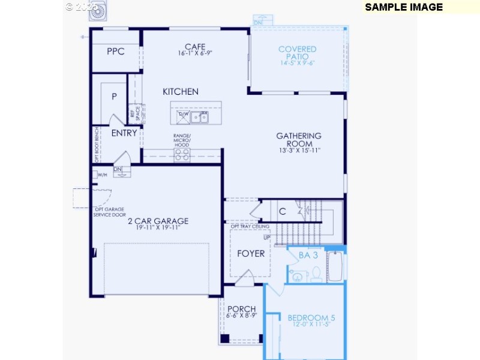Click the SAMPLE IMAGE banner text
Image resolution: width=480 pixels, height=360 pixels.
point(403,7)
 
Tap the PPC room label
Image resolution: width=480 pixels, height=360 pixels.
point(116,52)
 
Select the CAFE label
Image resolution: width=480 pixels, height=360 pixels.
point(195,47)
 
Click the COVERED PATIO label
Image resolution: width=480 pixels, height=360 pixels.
point(298,53)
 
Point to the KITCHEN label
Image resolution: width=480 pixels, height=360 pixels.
point(181,92)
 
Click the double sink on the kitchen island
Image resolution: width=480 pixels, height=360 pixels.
point(200,117)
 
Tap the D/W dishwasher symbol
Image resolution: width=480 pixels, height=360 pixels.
point(182,116)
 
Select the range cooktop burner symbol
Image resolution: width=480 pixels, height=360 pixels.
point(182,155)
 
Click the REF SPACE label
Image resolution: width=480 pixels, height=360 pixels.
point(137,113)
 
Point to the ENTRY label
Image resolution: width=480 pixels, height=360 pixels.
point(124,133)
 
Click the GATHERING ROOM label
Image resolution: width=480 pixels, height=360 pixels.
point(299,140)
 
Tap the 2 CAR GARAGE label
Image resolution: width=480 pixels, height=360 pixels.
point(158,221)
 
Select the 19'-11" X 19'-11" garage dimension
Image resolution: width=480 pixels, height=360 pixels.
point(158,228)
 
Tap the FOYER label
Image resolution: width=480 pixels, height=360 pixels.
point(251,253)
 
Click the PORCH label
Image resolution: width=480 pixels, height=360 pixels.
point(242,309)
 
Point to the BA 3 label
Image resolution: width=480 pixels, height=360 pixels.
point(308,255)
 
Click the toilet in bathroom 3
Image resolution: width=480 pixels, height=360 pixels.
point(316,275)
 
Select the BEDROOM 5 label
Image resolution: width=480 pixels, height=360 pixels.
point(307,318)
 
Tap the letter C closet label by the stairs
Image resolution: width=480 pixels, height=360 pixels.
point(282,211)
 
